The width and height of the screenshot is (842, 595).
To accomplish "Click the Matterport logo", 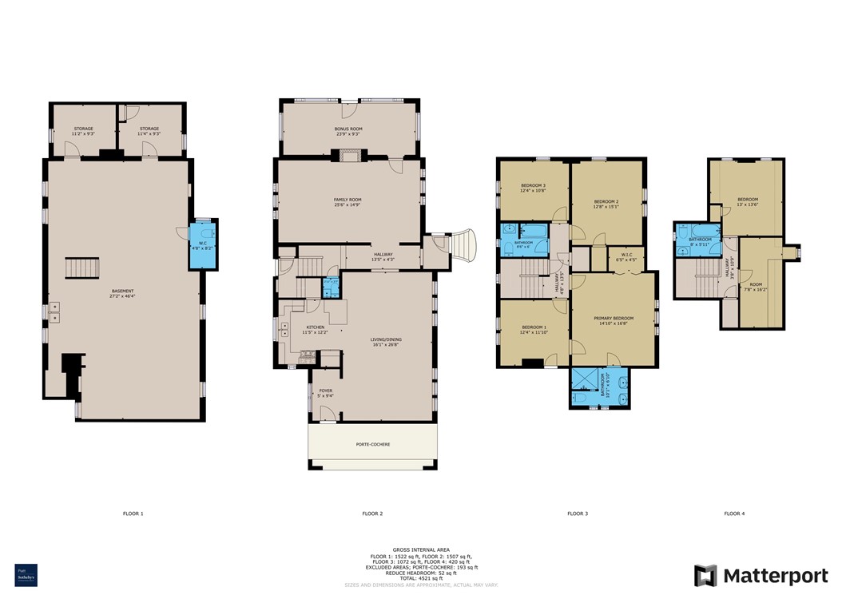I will point(761,575).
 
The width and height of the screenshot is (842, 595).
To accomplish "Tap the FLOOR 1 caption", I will point(133,514).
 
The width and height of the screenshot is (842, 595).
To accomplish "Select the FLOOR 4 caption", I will point(734,514).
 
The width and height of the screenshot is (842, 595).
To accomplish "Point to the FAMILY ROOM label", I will point(348,201).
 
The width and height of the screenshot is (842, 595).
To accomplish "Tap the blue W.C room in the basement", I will point(203,245).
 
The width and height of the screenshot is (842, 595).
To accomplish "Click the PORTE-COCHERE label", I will point(373,444).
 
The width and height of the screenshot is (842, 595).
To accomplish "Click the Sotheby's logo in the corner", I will point(26,575).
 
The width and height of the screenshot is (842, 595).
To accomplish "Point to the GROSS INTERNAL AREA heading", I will point(420,550).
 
